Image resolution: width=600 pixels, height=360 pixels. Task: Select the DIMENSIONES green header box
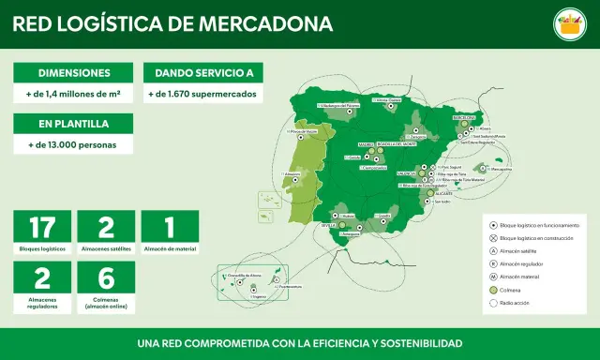click(x=74, y=73)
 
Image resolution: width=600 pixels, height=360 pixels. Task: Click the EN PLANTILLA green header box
click(x=74, y=124)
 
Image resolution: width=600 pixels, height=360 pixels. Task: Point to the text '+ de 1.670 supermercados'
click(x=202, y=95)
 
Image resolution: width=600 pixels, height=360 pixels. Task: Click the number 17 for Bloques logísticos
click(x=43, y=227)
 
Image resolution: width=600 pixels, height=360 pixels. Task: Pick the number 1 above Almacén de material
click(x=170, y=227)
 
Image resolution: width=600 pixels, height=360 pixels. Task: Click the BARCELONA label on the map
click(x=465, y=118)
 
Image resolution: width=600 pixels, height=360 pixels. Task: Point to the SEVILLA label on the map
click(x=328, y=226)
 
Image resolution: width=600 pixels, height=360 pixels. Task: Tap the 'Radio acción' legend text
click(x=514, y=305)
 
